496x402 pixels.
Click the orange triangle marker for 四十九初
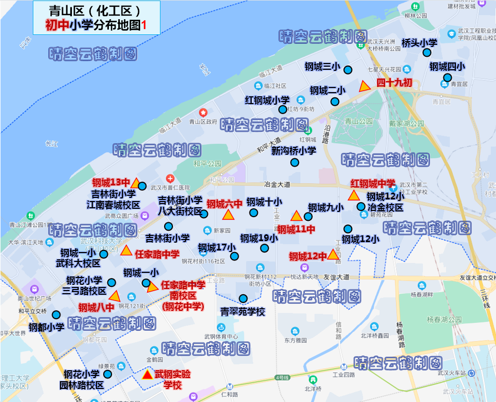coord(365,86)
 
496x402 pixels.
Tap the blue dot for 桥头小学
coord(427,53)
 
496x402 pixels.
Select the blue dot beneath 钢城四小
coord(447,78)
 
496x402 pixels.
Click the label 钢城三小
coord(322,67)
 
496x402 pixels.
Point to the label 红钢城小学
coord(267,100)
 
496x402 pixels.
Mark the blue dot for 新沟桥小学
coord(294,162)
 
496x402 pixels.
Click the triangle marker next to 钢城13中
coord(135,183)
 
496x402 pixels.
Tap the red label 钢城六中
coord(224,204)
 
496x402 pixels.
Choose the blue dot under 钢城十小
coord(254,212)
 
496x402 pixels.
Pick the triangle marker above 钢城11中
coord(296,216)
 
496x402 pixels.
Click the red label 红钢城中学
coord(373,183)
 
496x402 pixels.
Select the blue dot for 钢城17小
coord(234,256)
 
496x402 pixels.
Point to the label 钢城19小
coord(259,238)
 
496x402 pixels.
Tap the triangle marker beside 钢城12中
coord(333,255)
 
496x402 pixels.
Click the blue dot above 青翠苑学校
coord(243,298)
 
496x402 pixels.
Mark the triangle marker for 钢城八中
coord(114,296)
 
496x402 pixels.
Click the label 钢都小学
coord(46,327)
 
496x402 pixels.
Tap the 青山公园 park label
coord(359,121)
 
